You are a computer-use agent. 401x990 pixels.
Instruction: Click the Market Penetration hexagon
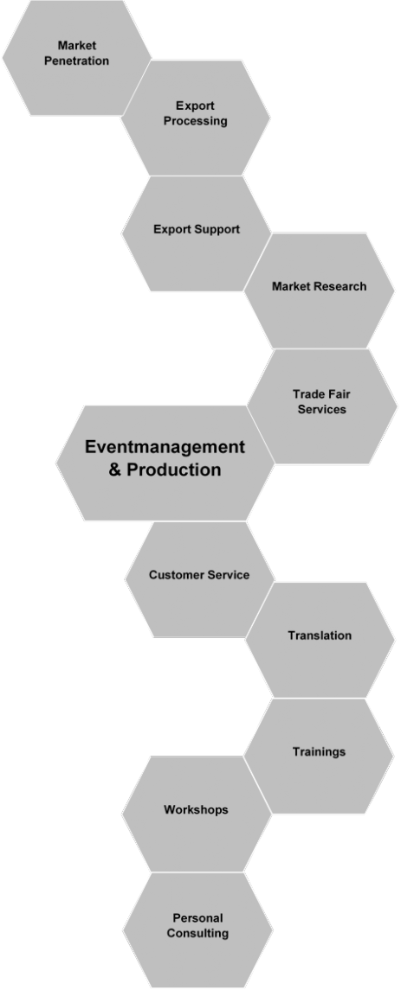76,57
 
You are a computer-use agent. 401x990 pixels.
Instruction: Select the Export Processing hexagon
196,118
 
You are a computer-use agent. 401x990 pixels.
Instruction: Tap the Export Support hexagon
196,233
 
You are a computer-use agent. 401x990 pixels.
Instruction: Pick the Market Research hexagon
319,291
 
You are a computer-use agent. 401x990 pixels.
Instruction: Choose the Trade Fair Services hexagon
322,406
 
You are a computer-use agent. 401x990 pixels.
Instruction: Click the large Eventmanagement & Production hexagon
165,463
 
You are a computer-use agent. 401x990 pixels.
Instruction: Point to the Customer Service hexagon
199,579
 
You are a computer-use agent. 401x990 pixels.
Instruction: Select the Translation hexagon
320,640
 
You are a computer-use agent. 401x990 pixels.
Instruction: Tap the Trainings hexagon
319,756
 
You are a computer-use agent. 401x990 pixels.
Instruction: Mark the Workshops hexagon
197,814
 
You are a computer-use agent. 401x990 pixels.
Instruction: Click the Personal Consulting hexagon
198,930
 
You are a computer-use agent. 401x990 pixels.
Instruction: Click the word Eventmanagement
165,447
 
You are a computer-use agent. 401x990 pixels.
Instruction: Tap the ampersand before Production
115,470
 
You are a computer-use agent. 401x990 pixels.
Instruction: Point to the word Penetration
76,61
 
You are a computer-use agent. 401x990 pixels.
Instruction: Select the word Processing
196,121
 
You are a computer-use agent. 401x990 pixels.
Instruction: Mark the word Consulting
198,933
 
